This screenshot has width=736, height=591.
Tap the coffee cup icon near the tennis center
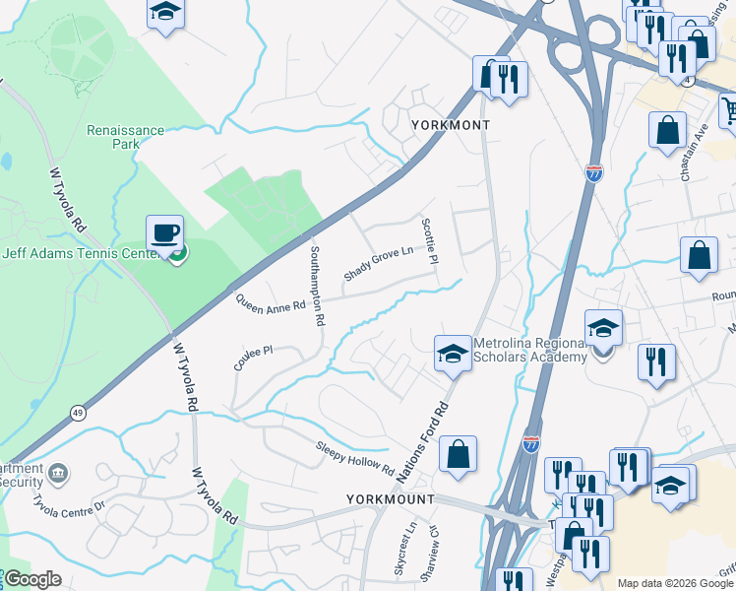[164, 233]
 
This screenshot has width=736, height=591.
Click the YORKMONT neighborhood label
[450, 126]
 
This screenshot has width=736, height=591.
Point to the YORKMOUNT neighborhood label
[391, 499]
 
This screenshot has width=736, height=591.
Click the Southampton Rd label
[318, 286]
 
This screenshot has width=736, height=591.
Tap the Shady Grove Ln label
[377, 263]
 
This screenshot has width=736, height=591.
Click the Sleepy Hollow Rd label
[354, 457]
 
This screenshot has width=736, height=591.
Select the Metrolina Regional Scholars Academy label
[529, 350]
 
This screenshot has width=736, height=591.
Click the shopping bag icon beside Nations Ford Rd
[458, 454]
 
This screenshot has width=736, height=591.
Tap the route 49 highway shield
[76, 411]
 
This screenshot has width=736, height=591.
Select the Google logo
[32, 579]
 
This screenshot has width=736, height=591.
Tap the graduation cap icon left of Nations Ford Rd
[452, 355]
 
